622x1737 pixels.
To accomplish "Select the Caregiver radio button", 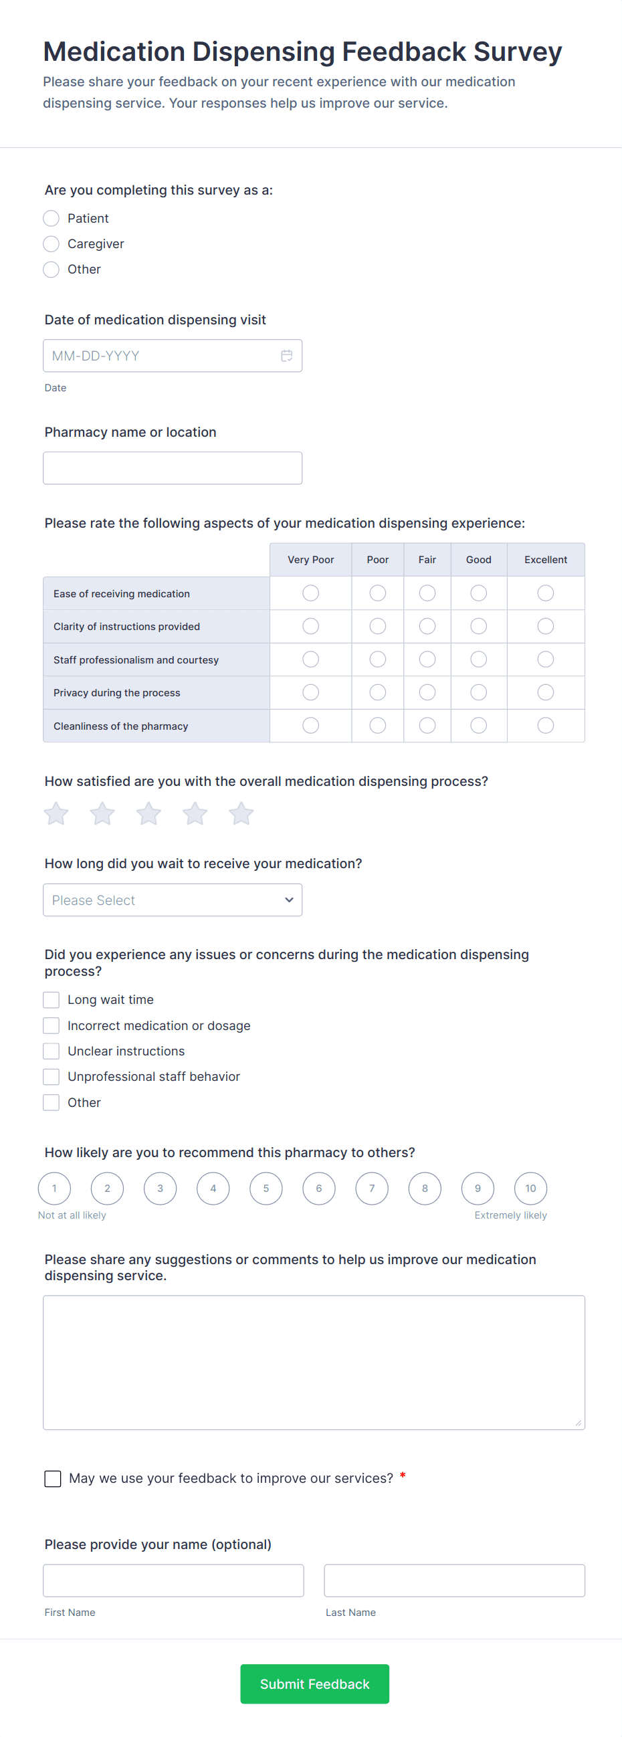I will point(51,243).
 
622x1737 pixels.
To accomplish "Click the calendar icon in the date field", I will point(287,355).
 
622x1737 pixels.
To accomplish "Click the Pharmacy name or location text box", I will point(172,468).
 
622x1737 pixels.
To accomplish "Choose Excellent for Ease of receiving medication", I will point(545,593).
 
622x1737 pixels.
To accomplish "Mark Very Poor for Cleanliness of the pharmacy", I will point(310,726).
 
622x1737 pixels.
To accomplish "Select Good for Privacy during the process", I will point(478,692).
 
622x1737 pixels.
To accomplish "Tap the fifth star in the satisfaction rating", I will point(241,814).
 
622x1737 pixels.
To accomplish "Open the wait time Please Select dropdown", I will point(172,900).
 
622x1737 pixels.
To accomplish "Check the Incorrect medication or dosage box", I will point(51,1025).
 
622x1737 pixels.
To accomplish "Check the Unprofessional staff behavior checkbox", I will point(51,1077).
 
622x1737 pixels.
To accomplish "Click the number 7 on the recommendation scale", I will point(372,1188).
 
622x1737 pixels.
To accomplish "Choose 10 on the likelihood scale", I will point(530,1188).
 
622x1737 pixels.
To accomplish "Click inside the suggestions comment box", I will point(314,1362).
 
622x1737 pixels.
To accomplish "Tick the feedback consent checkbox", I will point(53,1478).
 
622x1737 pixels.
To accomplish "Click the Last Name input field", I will point(454,1580).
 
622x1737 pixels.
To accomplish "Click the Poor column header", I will point(377,560).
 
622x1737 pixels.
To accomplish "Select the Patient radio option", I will point(51,219).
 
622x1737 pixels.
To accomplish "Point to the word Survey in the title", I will point(518,52).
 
